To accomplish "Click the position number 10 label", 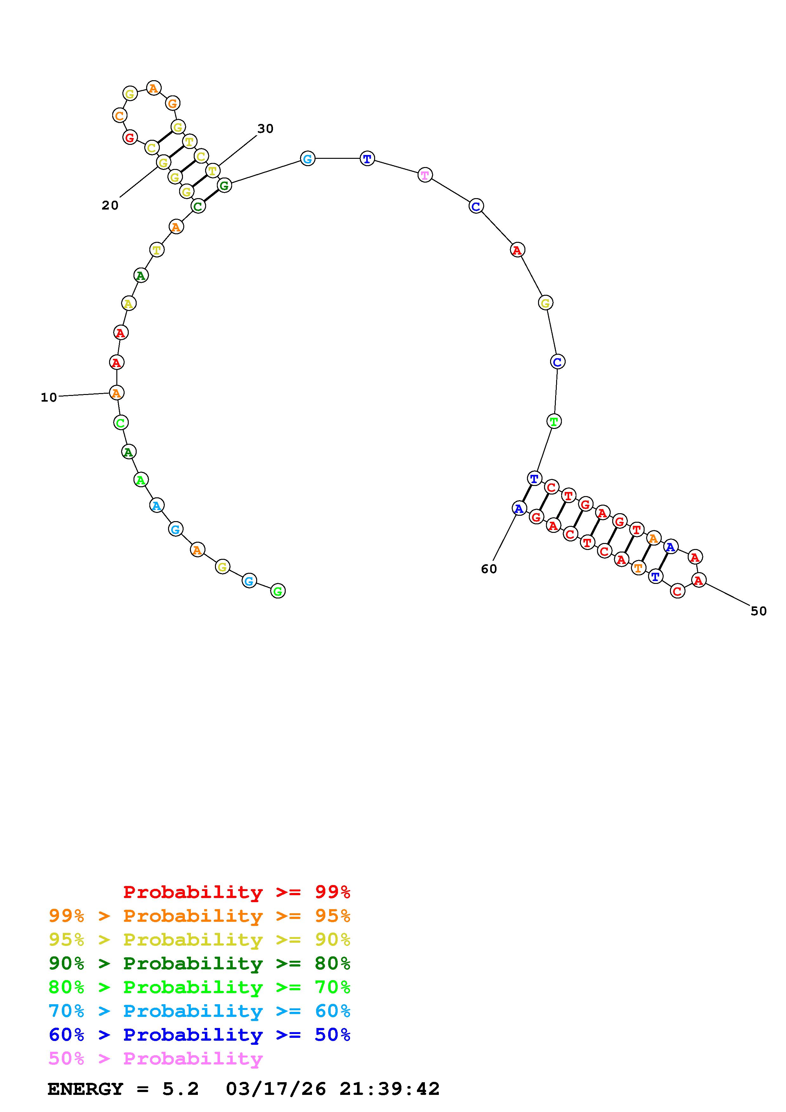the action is (49, 398).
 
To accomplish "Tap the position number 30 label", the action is (265, 129).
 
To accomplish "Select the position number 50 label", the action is (759, 611).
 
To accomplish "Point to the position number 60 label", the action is (489, 569).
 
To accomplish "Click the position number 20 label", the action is (110, 205).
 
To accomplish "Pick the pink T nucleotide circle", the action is (425, 175).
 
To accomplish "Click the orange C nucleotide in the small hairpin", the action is (119, 116).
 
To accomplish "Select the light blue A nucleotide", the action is (156, 506).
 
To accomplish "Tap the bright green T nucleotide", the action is (554, 421).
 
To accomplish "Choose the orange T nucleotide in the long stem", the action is (638, 568).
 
